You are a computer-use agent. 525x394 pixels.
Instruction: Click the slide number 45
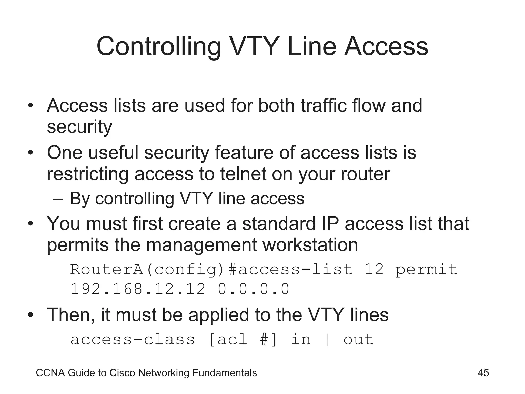coord(483,373)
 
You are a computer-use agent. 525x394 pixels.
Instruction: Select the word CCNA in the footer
coord(51,373)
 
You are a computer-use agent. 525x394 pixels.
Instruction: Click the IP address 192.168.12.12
coord(138,289)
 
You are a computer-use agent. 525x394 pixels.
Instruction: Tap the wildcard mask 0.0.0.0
coord(254,289)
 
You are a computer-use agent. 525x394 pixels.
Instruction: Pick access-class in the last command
coord(133,340)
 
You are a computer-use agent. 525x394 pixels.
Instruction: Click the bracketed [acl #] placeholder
coord(243,340)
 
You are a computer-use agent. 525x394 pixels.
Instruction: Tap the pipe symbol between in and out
coord(327,340)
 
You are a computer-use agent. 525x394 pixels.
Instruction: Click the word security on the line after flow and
coord(79,127)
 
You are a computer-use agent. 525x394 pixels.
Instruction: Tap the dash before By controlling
coord(58,199)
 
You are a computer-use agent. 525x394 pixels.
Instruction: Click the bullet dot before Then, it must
coord(31,315)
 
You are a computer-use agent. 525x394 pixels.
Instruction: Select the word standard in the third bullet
coord(279,223)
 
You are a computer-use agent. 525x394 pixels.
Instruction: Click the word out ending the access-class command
coord(358,340)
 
